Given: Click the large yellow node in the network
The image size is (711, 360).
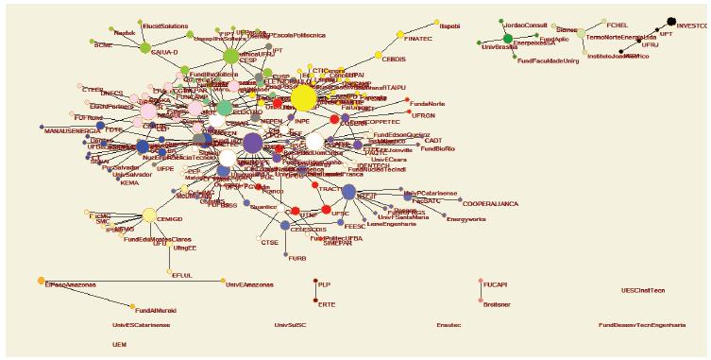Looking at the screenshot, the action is click(303, 98).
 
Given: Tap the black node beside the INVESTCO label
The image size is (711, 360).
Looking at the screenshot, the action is click(671, 21).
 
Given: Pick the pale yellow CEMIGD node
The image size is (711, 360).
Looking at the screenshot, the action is click(149, 214).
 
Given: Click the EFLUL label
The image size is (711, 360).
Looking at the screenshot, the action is click(182, 275).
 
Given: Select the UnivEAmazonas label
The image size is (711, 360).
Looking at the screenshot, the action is click(250, 283).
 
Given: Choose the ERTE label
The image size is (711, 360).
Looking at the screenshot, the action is click(327, 304).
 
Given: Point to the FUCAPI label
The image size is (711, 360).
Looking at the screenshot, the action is click(497, 283).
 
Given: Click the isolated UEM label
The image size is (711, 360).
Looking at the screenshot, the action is click(119, 346).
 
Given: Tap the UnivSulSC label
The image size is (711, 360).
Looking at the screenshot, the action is click(292, 325).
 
